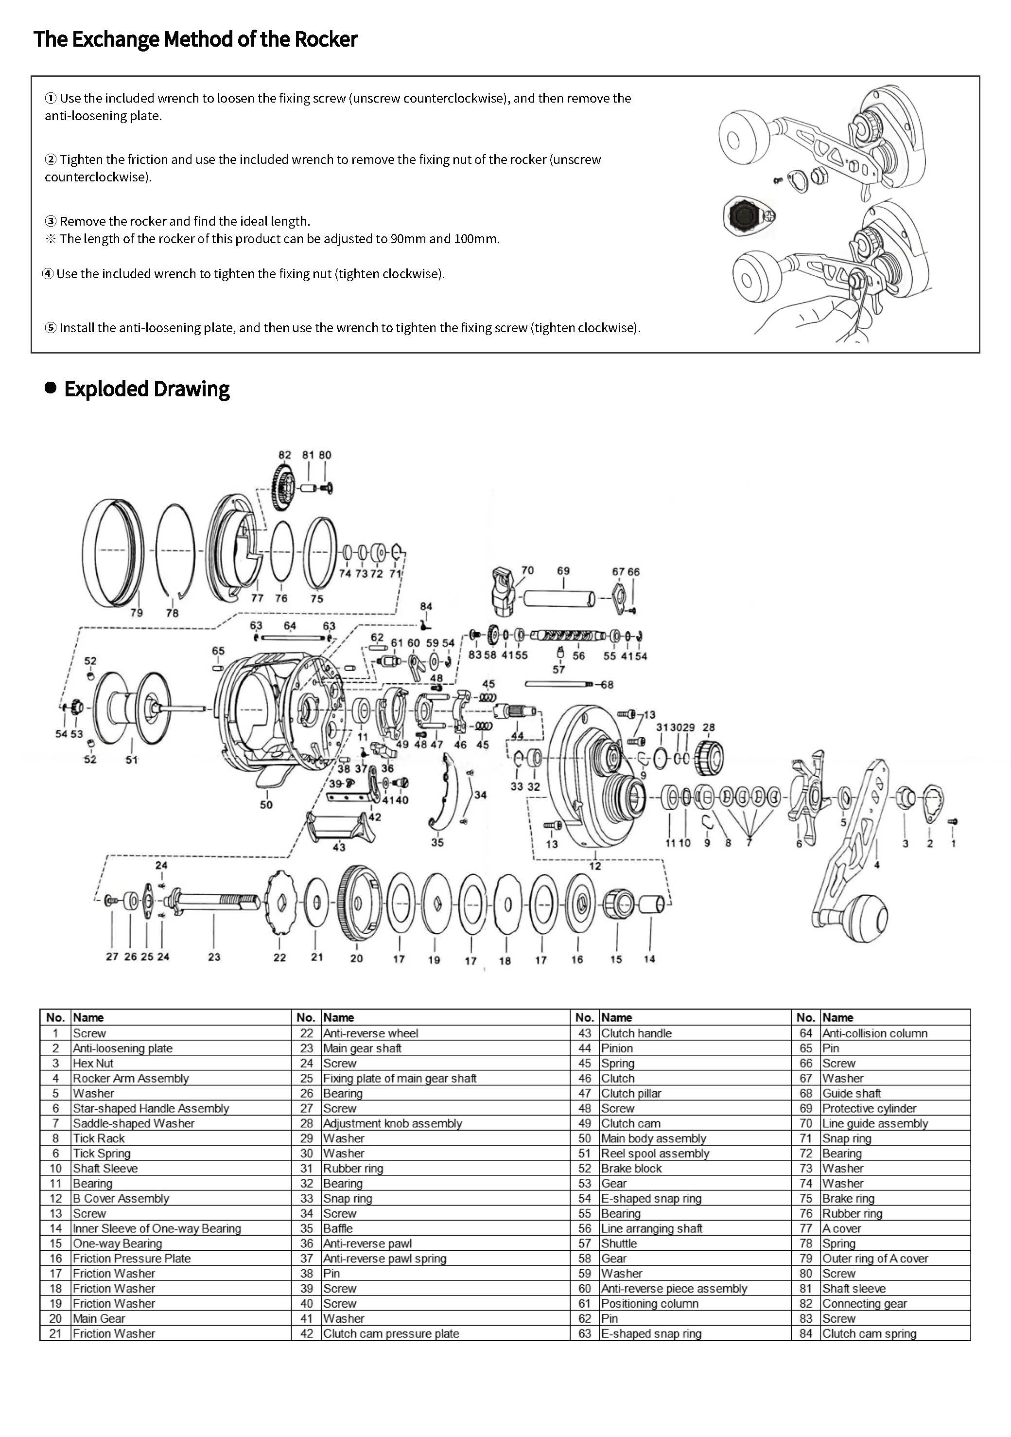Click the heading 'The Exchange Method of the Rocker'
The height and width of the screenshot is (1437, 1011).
195,39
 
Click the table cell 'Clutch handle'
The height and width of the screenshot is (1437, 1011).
636,1033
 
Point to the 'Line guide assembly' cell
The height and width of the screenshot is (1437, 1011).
874,1123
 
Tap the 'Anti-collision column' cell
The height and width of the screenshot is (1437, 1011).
874,1033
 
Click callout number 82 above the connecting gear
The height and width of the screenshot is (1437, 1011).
285,455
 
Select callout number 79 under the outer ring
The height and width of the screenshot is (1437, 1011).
137,613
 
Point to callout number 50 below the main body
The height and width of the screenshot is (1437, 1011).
266,804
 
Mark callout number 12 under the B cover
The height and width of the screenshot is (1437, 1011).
595,866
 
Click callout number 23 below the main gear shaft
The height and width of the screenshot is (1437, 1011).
214,957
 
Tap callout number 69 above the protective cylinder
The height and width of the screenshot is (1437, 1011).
563,571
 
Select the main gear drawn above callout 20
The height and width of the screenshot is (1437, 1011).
359,903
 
